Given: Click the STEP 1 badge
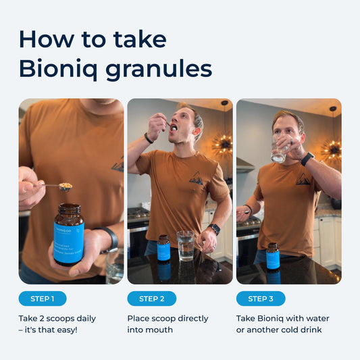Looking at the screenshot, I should point(43,299).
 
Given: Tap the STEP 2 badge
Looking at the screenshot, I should point(152,299).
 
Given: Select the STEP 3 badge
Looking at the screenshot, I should point(261,299).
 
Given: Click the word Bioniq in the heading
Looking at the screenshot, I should point(54,68).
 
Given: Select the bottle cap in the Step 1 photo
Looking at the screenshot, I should point(69,210).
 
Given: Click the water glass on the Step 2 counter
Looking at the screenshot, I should point(185,245).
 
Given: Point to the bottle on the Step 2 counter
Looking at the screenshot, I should point(163,249).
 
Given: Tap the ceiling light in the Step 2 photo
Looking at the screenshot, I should point(222,143).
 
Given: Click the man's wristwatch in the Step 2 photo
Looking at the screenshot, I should point(214,229).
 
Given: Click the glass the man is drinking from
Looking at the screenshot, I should point(279,152).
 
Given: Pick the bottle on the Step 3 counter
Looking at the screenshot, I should point(273,256).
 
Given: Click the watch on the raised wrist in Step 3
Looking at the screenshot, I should point(307,159).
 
